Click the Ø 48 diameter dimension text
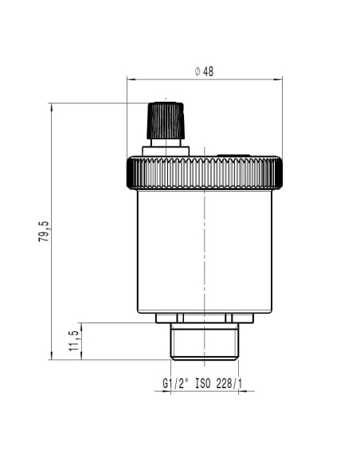[x=204, y=72]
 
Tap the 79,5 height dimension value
[x=44, y=232]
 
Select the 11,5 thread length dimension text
[x=74, y=341]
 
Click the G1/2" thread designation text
[x=175, y=383]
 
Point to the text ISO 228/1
[x=218, y=383]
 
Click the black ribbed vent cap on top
[x=166, y=121]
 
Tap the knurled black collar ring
[x=205, y=173]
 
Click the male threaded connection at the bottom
[x=205, y=342]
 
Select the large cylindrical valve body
[x=205, y=252]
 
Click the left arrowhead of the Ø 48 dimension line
[x=131, y=79]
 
